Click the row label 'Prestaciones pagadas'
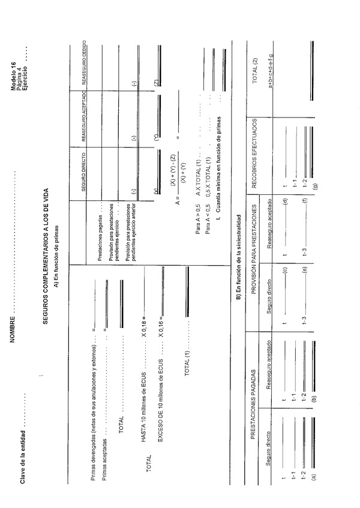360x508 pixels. tap(100, 238)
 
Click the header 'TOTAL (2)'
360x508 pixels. tap(254, 65)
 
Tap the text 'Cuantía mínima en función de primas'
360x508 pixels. tap(221, 173)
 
